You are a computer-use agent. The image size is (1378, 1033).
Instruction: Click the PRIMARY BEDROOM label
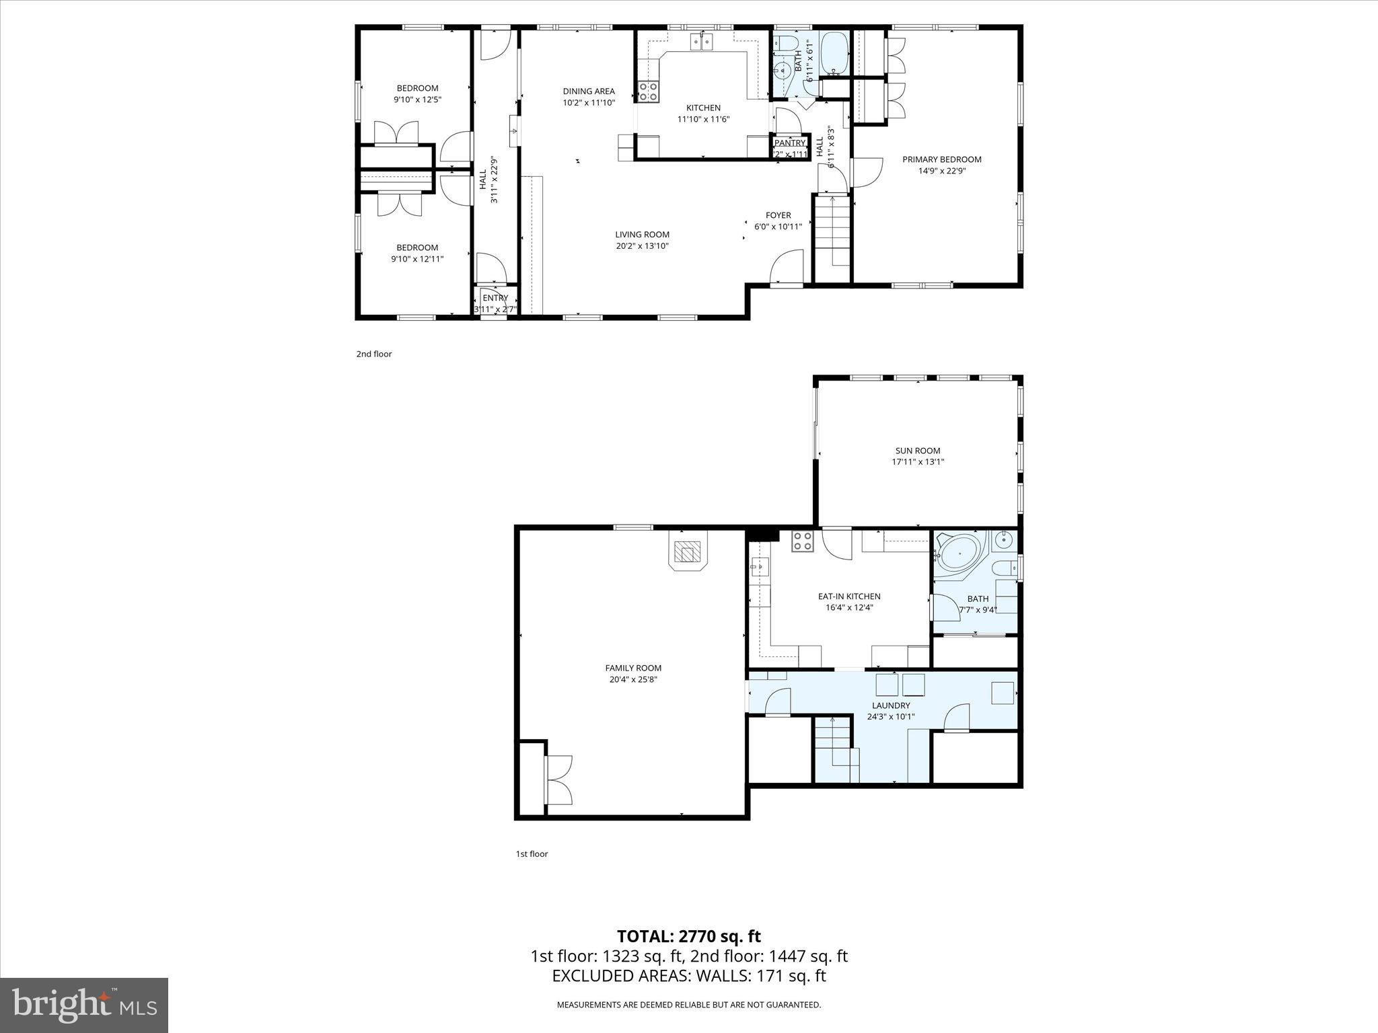941,159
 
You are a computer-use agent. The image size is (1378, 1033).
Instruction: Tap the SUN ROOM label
918,451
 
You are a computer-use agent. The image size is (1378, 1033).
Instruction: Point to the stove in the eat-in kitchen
802,541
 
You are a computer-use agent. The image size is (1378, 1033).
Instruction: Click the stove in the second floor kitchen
648,91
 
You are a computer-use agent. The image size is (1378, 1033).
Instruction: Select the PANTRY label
790,143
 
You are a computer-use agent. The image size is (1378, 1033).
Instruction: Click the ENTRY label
495,298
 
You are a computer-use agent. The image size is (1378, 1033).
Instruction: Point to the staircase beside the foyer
833,232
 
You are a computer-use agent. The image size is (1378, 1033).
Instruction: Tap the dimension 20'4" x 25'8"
633,679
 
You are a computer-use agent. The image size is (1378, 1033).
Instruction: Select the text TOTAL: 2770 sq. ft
689,936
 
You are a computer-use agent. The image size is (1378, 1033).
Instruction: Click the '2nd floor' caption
374,354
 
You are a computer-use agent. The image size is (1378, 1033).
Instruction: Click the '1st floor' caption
532,854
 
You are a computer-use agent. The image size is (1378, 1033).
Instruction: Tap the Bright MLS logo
84,1005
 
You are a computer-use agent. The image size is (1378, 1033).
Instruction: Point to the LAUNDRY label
891,705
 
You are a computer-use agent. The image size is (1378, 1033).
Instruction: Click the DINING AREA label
589,91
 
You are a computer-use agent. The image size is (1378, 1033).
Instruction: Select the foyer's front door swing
788,267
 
